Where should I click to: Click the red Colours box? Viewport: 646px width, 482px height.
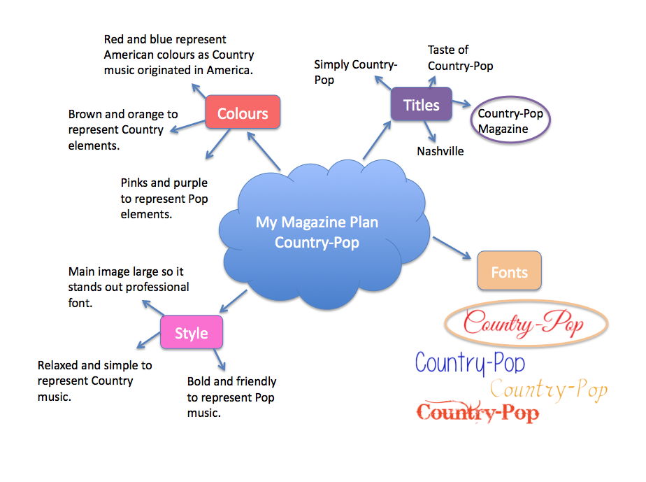pos(243,113)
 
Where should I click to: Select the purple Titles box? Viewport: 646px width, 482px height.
pos(421,105)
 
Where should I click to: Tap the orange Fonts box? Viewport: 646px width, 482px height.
pos(509,271)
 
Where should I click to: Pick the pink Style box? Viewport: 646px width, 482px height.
pos(192,333)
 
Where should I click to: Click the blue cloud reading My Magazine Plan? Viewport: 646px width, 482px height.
pos(317,232)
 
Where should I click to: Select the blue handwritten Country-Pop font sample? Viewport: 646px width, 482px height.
pos(470,363)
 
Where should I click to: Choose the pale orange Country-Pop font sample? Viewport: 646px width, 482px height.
pos(548,390)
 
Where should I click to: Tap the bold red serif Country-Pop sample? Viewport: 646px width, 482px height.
pos(478,413)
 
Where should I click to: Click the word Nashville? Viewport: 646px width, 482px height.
pos(440,151)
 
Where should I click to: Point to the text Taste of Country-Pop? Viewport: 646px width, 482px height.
pos(460,58)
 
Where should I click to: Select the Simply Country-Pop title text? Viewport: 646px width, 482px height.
pos(355,72)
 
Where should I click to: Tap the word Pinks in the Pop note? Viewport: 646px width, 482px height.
pos(136,183)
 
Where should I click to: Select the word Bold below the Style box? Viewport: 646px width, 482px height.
pos(199,382)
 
